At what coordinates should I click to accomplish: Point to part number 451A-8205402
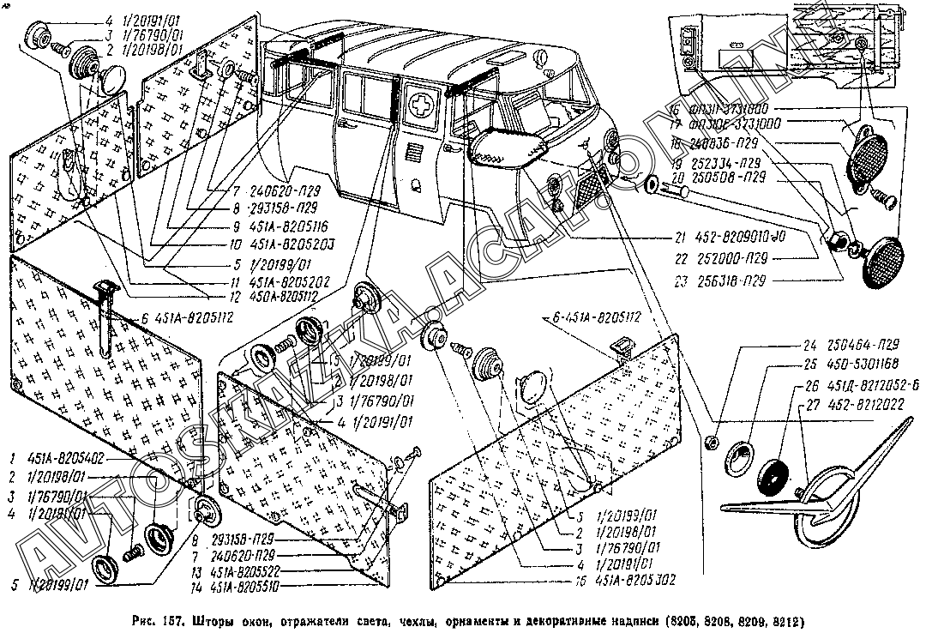point(69,458)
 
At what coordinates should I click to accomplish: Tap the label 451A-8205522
point(258,570)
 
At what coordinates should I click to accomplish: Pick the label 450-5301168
point(850,365)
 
